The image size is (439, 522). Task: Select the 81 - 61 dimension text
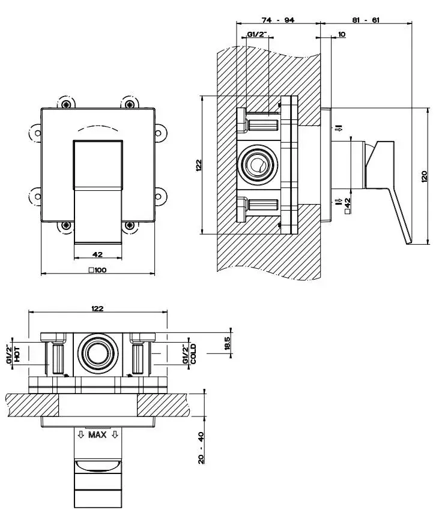tap(365, 20)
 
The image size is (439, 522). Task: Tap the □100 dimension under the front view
tap(97, 270)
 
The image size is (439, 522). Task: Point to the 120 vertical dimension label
tap(424, 176)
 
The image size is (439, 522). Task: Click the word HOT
tap(17, 354)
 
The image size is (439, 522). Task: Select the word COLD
tap(193, 354)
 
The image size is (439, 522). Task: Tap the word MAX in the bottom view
tap(97, 435)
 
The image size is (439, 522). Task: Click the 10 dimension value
tap(342, 35)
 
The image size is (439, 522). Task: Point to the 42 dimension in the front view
tap(97, 254)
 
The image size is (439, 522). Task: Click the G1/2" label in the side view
tap(257, 35)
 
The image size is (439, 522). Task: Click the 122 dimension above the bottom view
tap(97, 308)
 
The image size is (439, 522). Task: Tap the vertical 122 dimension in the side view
tap(199, 165)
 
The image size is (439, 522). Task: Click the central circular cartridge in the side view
tap(259, 165)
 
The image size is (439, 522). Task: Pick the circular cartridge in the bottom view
tap(97, 353)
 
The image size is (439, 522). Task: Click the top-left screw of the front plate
tap(65, 105)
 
